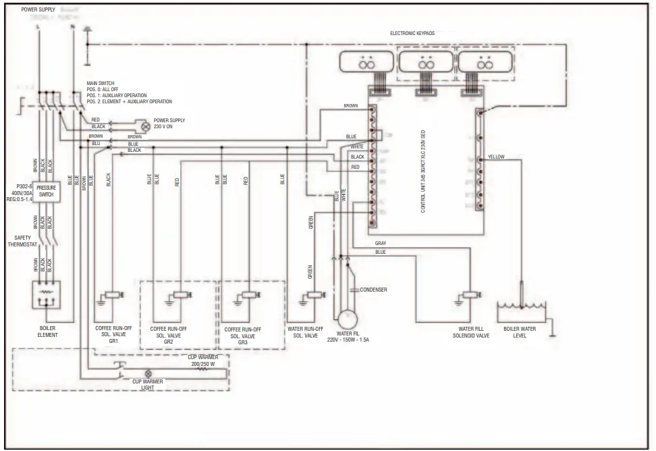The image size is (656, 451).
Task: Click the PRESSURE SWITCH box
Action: (x=47, y=191)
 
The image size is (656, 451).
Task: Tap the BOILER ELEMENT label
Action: (x=47, y=331)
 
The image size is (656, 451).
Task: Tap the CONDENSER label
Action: (x=373, y=290)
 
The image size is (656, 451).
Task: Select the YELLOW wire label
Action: (x=496, y=157)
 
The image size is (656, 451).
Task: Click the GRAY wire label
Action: (x=381, y=243)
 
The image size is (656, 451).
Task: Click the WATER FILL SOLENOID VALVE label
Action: (x=470, y=331)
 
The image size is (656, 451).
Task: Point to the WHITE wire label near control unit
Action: (x=357, y=147)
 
